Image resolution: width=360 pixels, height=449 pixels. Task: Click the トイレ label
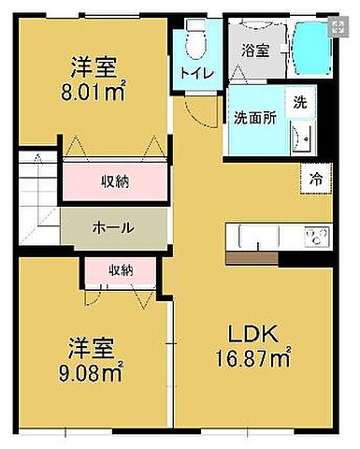pyautogui.click(x=196, y=71)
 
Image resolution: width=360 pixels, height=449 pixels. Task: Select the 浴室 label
pyautogui.click(x=255, y=51)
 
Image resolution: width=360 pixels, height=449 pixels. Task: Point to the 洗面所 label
pyautogui.click(x=254, y=118)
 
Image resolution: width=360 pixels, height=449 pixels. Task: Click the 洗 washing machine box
pyautogui.click(x=300, y=101)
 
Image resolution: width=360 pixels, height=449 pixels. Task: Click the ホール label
pyautogui.click(x=112, y=227)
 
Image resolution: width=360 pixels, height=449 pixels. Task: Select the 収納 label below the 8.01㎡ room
pyautogui.click(x=115, y=181)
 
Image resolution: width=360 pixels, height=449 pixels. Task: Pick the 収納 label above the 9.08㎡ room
pyautogui.click(x=120, y=270)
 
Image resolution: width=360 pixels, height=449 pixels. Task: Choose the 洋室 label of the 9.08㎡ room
pyautogui.click(x=92, y=350)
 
